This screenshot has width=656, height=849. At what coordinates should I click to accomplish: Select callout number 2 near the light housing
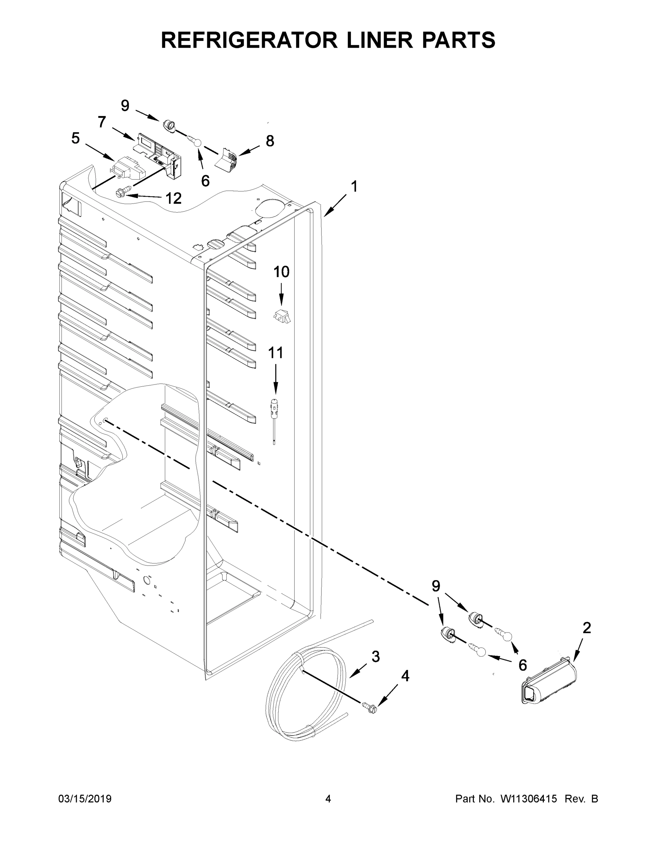pyautogui.click(x=586, y=628)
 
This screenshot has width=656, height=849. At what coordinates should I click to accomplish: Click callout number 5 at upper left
pyautogui.click(x=76, y=138)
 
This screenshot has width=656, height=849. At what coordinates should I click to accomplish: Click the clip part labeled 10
pyautogui.click(x=283, y=316)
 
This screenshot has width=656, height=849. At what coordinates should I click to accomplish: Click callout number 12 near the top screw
pyautogui.click(x=174, y=199)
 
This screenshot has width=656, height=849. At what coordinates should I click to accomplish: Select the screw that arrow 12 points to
pyautogui.click(x=121, y=192)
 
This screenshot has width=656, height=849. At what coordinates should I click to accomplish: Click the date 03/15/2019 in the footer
pyautogui.click(x=85, y=798)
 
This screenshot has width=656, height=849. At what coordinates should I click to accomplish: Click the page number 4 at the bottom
pyautogui.click(x=328, y=798)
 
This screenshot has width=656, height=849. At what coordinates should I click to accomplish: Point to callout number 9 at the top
pyautogui.click(x=125, y=106)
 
